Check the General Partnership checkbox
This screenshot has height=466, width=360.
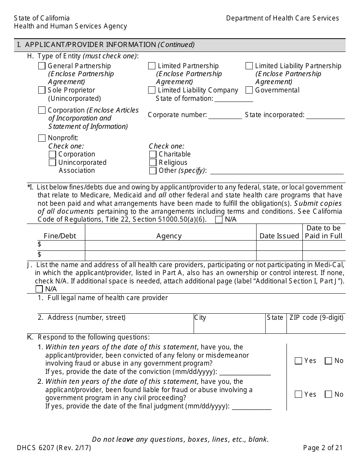(42, 66)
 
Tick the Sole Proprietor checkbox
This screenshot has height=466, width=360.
(42, 90)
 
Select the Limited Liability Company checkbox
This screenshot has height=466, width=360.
(152, 90)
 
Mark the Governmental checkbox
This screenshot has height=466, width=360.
(249, 90)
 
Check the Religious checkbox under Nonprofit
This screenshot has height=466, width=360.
(153, 163)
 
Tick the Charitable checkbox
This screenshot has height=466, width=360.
(153, 154)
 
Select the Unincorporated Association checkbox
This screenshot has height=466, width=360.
(52, 163)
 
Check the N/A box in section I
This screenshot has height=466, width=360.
(219, 220)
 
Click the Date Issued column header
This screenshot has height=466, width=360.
(279, 236)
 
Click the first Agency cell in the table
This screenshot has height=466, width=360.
(171, 245)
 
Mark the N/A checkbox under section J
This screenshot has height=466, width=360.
(39, 289)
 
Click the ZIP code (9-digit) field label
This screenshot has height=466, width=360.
(316, 318)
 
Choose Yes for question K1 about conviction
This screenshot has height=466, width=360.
(298, 361)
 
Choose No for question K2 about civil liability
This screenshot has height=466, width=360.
(328, 394)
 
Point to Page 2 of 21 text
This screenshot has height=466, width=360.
(322, 448)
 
